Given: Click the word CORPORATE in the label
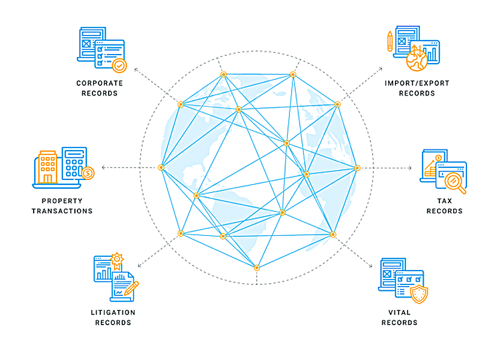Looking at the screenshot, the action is tap(100, 83).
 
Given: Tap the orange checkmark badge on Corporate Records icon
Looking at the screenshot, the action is tap(119, 65).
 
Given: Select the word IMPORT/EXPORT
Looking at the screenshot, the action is tap(417, 83).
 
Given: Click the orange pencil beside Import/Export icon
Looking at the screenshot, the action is tap(390, 41).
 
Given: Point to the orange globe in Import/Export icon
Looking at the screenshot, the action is tap(417, 60).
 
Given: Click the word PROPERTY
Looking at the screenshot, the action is tap(62, 201).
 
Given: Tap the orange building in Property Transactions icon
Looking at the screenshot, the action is tap(48, 167).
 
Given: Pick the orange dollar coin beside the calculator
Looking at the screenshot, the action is tap(88, 173).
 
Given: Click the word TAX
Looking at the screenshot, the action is tap(445, 201).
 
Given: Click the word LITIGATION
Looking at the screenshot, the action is tap(113, 313).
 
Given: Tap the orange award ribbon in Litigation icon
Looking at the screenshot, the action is tap(117, 261).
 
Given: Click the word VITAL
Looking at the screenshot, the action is tap(399, 313).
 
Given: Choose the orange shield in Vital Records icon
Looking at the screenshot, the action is tap(419, 295).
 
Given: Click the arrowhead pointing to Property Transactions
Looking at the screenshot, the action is tap(103, 167).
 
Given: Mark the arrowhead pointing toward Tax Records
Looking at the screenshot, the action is tap(410, 168).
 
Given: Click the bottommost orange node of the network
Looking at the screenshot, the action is tap(257, 268).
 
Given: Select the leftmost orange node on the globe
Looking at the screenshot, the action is tap(161, 167).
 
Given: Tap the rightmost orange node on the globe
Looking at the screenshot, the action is tap(357, 168).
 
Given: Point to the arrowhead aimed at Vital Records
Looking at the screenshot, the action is tap(371, 266).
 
